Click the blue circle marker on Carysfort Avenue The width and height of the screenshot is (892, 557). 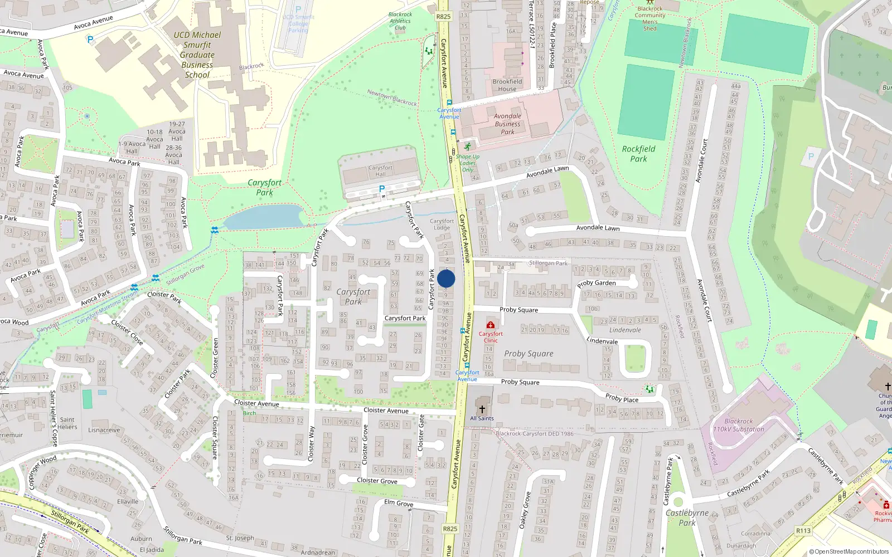click(x=446, y=279)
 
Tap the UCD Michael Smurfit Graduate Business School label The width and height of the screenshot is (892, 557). click(x=197, y=55)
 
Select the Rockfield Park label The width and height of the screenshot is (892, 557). click(x=638, y=154)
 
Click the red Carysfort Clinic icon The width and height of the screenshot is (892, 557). click(x=491, y=325)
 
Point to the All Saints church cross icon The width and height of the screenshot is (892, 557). click(x=482, y=409)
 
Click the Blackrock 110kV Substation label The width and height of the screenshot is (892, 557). click(x=739, y=426)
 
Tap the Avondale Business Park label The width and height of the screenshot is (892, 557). click(x=507, y=124)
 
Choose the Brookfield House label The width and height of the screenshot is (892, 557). click(x=507, y=85)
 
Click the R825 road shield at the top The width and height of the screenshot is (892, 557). click(x=443, y=17)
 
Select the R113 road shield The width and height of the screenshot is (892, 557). click(x=803, y=531)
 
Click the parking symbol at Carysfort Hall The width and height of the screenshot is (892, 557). click(x=382, y=189)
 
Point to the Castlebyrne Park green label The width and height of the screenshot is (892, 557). click(x=687, y=517)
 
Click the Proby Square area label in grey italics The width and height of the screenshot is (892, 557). click(x=529, y=354)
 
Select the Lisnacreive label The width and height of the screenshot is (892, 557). click(x=104, y=430)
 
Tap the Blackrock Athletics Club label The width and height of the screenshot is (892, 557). click(x=400, y=21)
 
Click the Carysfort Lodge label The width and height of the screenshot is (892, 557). click(x=442, y=224)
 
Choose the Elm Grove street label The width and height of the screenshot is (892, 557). click(x=399, y=503)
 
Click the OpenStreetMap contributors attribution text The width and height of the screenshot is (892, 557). click(x=849, y=552)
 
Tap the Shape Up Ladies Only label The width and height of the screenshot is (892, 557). click(x=468, y=163)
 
